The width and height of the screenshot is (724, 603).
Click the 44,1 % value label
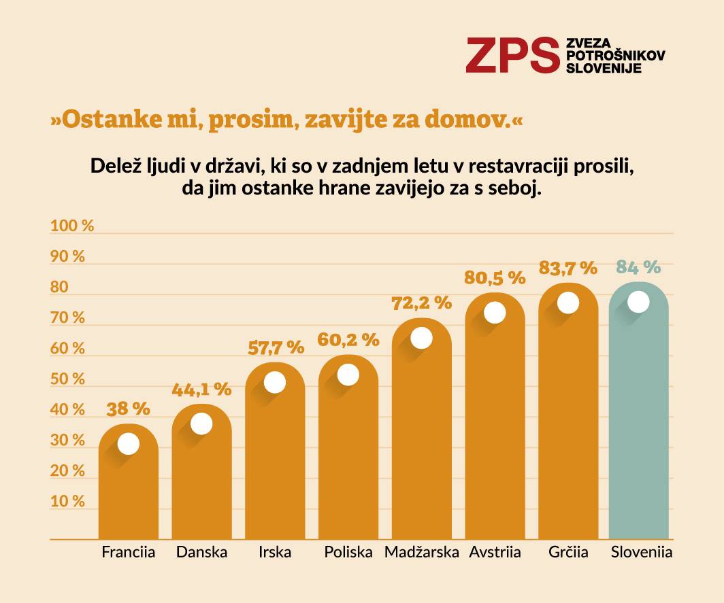coord(201,390)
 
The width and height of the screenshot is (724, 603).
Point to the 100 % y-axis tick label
coord(71,226)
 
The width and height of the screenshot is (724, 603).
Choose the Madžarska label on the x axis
coord(422,552)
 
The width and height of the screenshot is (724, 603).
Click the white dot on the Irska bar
coord(275,383)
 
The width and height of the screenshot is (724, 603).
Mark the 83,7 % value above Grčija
coord(567,268)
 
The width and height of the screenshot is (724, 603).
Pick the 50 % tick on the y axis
coord(67,379)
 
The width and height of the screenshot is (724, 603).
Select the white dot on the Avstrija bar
coord(495,313)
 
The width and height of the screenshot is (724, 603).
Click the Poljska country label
coord(348,552)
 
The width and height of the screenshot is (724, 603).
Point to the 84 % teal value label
coord(638,266)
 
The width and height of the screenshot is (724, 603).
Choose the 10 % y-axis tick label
coord(67,502)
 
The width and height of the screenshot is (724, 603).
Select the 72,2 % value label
coord(422,303)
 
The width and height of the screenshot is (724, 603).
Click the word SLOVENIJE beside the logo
coord(604,68)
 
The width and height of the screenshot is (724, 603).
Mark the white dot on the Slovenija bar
coord(638,302)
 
